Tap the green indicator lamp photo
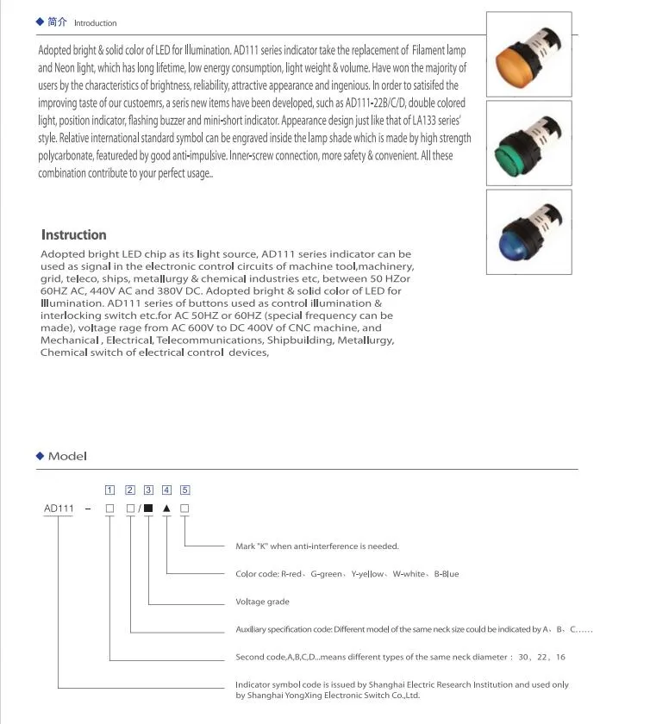pos(528,143)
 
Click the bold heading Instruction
pos(74,234)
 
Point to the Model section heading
pos(67,456)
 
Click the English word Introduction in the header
pos(95,23)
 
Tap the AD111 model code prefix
pos(59,509)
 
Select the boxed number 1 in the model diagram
pos(109,490)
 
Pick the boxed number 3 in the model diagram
pos(148,490)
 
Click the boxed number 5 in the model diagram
pos(185,490)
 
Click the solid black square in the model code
pos(148,509)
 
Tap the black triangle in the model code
pos(166,509)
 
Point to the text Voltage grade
pos(262,602)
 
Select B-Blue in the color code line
pos(446,574)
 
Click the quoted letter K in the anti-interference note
pos(259,546)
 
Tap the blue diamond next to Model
pos(40,456)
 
